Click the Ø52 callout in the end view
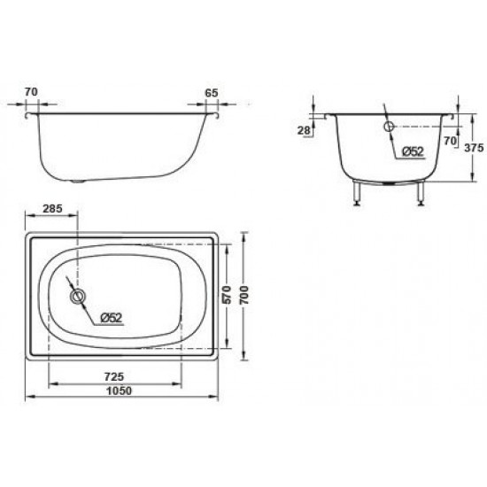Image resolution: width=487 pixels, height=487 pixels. (x=412, y=151)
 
